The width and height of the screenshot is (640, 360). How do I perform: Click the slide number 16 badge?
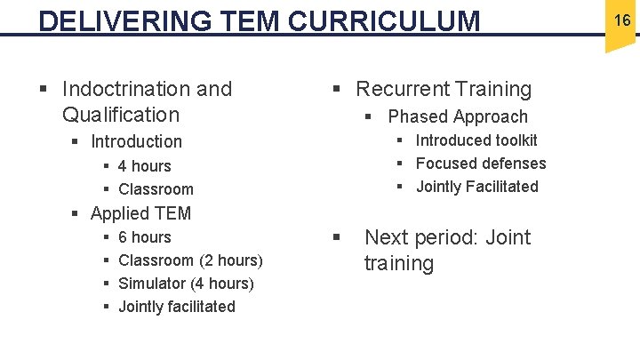point(621,20)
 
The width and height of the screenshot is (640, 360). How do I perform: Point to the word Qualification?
point(121,115)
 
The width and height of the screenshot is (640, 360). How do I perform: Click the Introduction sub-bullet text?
point(136,141)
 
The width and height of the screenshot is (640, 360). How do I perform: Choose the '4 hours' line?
point(144,166)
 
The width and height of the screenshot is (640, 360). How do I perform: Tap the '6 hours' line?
point(144,237)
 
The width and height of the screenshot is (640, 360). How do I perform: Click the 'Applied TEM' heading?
point(140,213)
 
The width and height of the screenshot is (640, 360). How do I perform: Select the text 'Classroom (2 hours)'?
point(190,260)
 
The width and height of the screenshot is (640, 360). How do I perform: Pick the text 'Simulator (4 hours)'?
point(186,284)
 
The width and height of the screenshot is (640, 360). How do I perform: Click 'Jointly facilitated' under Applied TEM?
point(177,307)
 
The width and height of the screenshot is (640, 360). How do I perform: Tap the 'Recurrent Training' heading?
point(444,89)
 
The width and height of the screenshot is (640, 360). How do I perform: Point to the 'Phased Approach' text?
point(458,116)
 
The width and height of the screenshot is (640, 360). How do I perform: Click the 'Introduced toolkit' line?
point(476,140)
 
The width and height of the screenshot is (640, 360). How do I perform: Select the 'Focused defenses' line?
point(481,164)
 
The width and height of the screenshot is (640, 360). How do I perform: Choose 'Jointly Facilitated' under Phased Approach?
point(477,187)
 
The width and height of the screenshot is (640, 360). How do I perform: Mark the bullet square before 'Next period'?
point(337,237)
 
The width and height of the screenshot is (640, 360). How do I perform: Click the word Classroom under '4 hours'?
point(156,189)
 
